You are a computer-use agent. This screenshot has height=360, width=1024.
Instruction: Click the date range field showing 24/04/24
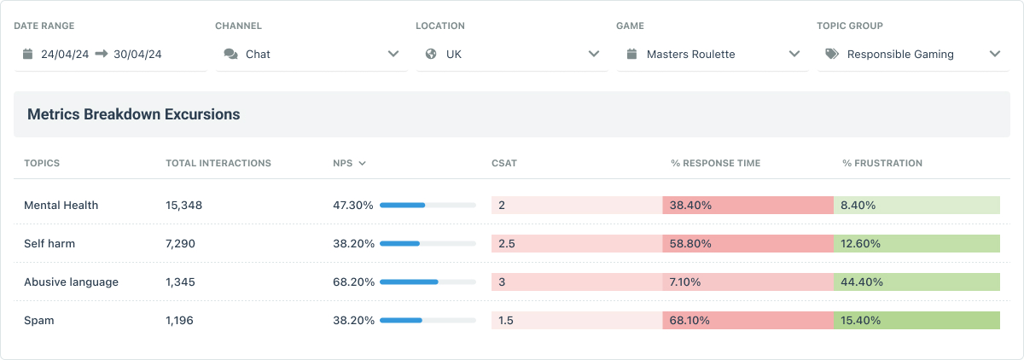pos(109,54)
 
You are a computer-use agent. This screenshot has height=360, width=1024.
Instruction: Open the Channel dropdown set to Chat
pos(311,54)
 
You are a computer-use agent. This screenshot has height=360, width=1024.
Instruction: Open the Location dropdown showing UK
pos(511,54)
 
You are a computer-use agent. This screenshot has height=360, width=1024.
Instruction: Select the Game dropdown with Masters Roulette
pos(712,54)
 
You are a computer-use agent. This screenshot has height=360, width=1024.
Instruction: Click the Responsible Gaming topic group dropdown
pos(912,54)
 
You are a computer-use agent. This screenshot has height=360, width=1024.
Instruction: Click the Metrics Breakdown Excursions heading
pos(133,114)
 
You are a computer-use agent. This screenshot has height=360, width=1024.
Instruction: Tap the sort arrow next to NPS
pos(363,163)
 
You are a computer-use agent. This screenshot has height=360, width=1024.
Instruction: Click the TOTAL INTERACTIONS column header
pos(218,163)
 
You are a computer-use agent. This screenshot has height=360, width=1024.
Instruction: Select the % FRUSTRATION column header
pos(881,163)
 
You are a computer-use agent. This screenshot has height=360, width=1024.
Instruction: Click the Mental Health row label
pos(61,205)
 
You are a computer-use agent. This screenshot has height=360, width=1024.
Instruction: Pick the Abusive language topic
pos(71,282)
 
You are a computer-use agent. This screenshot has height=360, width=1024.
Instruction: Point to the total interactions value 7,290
pos(181,243)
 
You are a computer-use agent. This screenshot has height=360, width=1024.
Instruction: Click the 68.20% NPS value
pos(353,282)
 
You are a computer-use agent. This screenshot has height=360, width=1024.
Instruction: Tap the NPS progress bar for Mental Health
pos(428,205)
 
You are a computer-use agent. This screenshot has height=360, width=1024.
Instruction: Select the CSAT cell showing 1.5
pos(576,320)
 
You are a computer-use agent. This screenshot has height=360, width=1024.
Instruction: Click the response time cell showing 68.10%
pos(748,320)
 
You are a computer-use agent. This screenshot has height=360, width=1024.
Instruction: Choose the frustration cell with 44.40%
pos(916,282)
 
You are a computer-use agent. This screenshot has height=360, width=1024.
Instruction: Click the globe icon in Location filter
pos(431,54)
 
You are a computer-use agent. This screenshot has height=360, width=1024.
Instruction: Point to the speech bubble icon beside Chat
pos(230,54)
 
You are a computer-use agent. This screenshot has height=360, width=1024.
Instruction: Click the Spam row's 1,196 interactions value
pos(181,320)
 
